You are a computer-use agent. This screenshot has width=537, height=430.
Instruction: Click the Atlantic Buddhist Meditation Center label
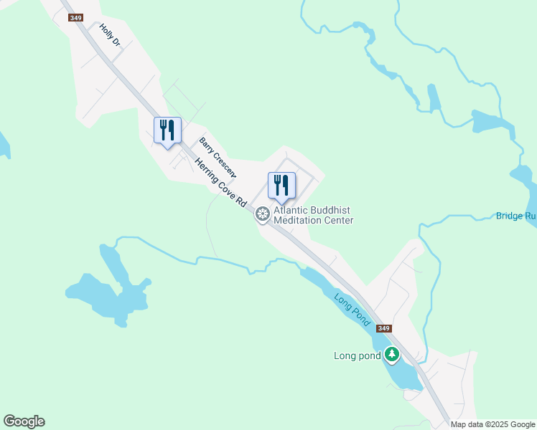click(314, 215)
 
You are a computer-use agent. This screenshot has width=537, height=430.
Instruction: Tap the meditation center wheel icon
click(263, 214)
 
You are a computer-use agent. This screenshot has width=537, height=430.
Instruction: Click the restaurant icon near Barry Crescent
click(167, 130)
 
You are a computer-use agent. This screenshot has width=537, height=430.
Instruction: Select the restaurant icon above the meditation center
click(281, 186)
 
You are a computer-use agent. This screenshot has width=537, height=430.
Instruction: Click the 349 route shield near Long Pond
click(384, 328)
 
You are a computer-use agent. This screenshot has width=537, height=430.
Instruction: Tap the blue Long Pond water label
click(352, 310)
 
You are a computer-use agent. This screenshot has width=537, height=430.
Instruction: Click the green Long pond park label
click(357, 355)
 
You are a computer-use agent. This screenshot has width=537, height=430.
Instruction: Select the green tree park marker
click(391, 354)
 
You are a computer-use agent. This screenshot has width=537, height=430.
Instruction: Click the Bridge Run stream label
click(515, 216)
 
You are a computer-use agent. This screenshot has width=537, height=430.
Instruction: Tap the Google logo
click(24, 421)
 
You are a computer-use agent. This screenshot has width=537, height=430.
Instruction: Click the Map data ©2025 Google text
click(492, 424)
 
